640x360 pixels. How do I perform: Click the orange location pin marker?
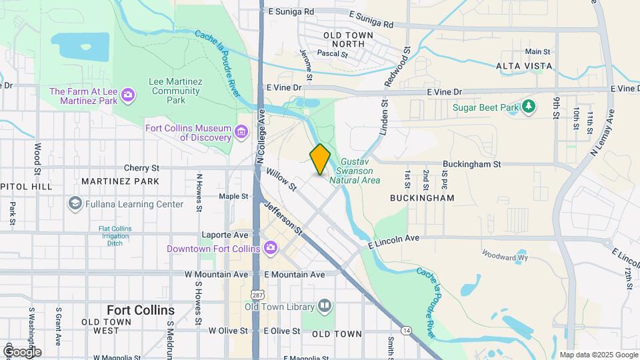(x=320, y=159)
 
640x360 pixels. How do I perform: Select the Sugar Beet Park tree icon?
(x=528, y=107)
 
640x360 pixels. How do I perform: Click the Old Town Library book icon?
(x=325, y=306)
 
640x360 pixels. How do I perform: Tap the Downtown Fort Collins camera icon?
(x=270, y=249)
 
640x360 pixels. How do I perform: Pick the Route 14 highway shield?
(x=405, y=330)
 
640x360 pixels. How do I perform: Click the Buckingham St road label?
(x=472, y=164)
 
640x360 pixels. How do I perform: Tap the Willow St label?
(x=281, y=180)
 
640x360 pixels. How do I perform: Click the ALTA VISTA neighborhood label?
(x=524, y=66)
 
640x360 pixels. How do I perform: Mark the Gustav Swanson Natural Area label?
(x=360, y=171)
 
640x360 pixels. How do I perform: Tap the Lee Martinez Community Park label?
(x=175, y=91)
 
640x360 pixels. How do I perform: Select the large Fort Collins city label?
(x=141, y=310)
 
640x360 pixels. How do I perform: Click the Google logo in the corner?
(x=22, y=351)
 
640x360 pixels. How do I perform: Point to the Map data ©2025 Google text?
(x=598, y=355)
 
